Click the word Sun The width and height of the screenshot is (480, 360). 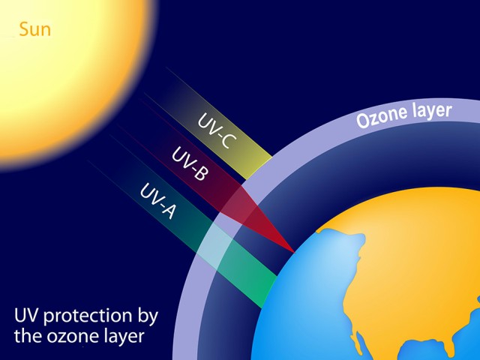pyautogui.click(x=35, y=30)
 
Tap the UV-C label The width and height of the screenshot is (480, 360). pyautogui.click(x=217, y=130)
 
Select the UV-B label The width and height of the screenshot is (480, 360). pyautogui.click(x=190, y=163)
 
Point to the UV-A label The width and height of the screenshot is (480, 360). pyautogui.click(x=158, y=201)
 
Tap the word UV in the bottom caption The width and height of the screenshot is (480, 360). pyautogui.click(x=27, y=315)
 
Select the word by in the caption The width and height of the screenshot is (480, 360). pyautogui.click(x=148, y=316)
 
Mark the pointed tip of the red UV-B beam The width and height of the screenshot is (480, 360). pyautogui.click(x=294, y=253)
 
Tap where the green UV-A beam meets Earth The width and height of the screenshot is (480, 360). pyautogui.click(x=268, y=292)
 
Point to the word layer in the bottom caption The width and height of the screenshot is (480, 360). pyautogui.click(x=124, y=337)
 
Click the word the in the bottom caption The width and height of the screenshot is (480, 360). pyautogui.click(x=28, y=336)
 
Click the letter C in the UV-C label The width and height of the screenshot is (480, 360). pyautogui.click(x=229, y=142)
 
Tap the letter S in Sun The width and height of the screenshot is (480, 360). pyautogui.click(x=23, y=30)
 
